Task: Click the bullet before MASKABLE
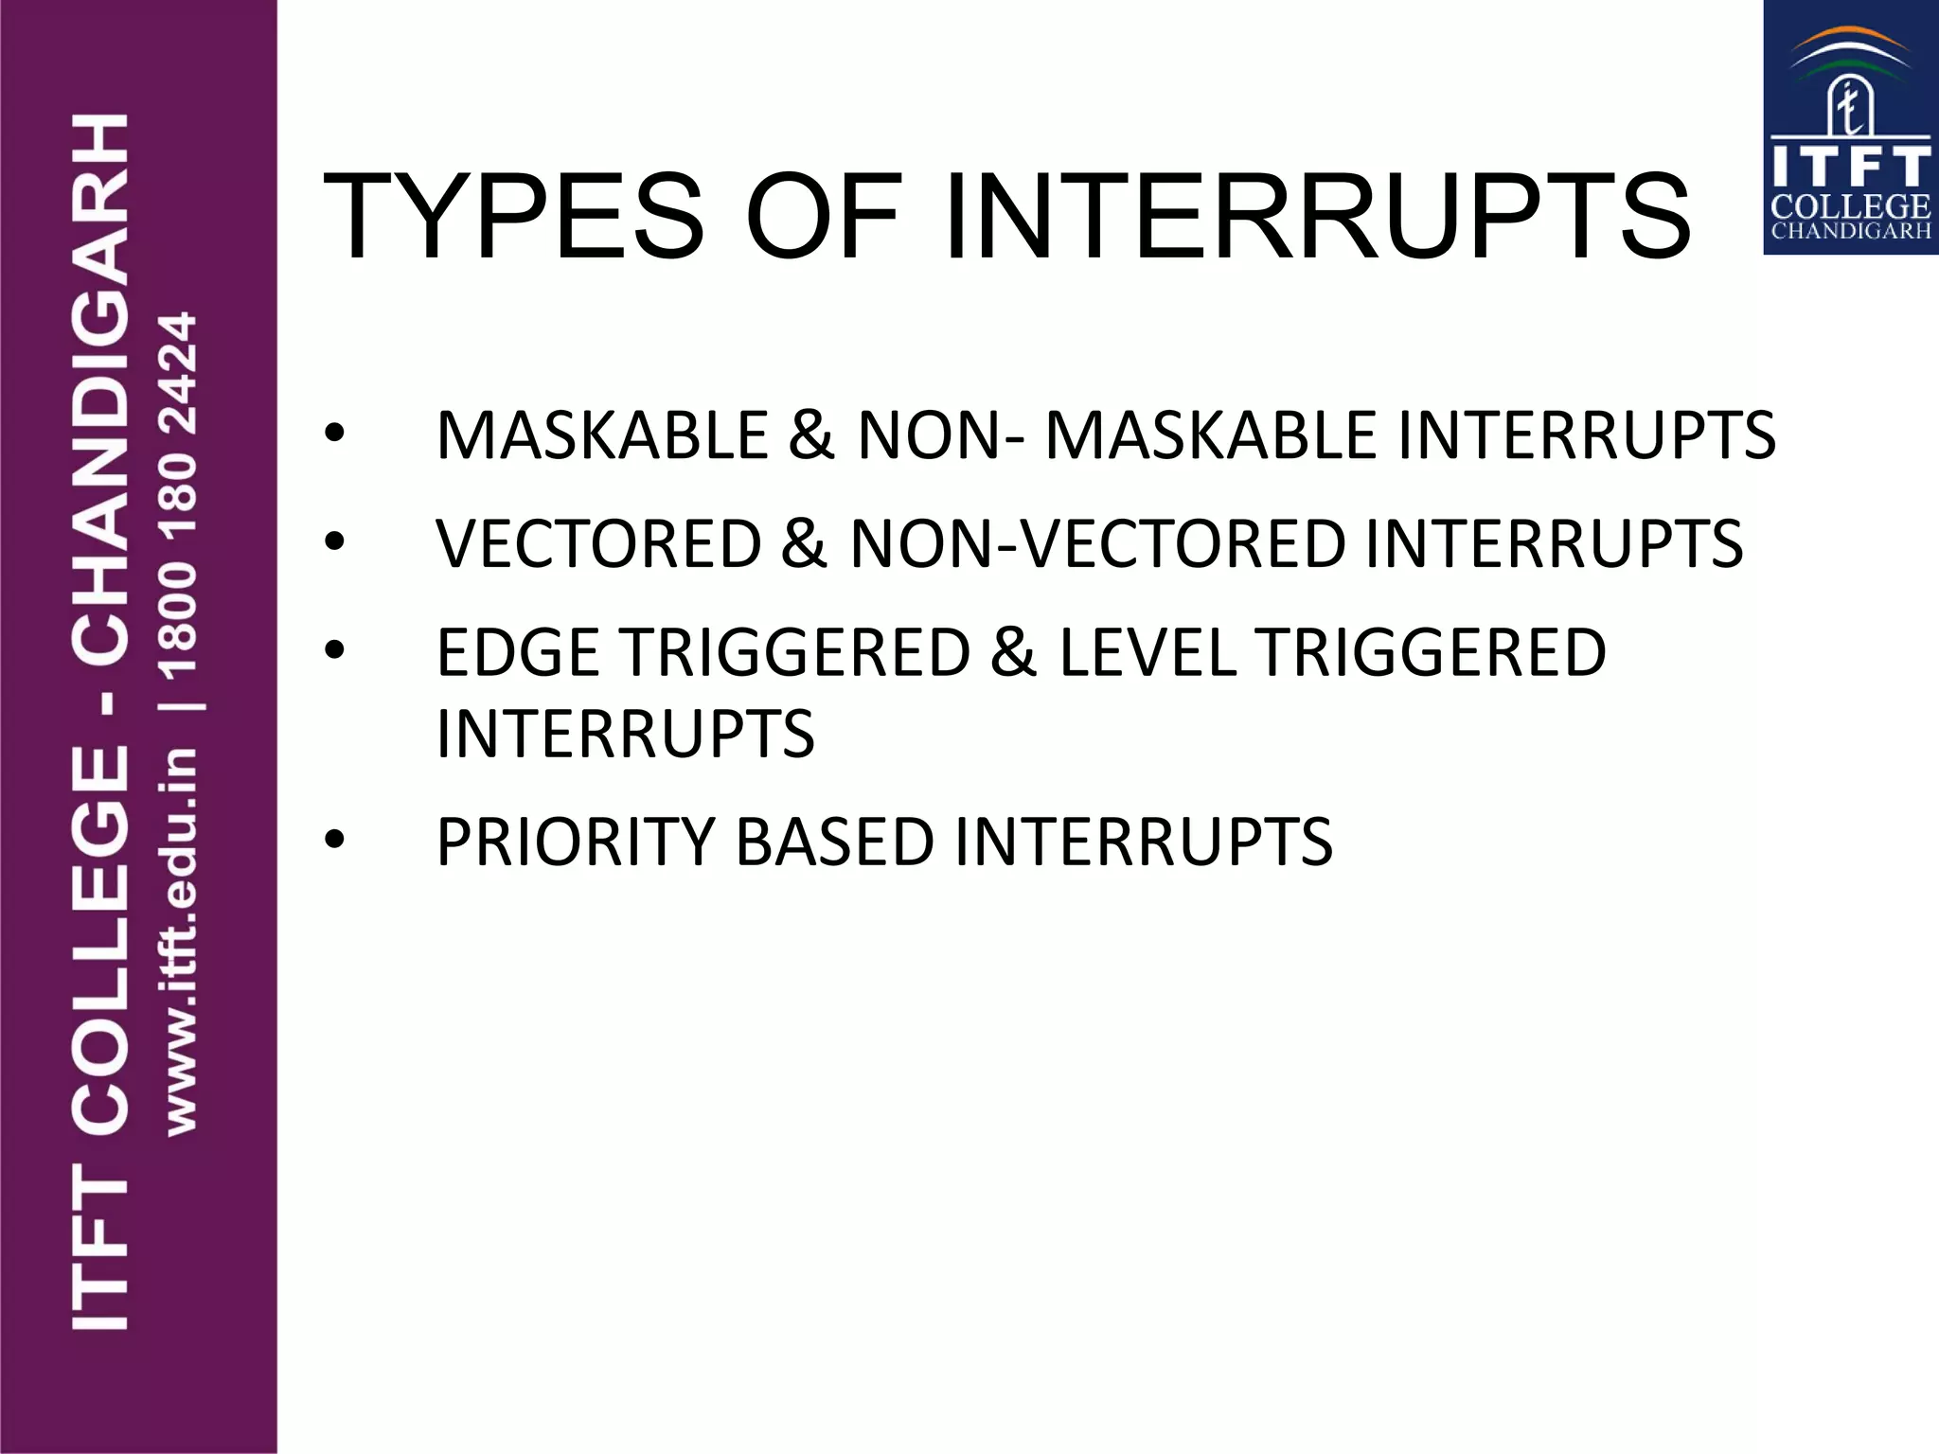coord(334,434)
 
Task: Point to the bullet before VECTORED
coord(334,542)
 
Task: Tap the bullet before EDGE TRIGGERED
coord(334,651)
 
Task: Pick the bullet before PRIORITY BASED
coord(334,840)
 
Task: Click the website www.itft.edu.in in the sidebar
coord(180,942)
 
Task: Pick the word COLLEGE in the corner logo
coord(1850,207)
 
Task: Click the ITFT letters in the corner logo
coord(1850,167)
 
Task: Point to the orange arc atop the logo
coord(1851,37)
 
